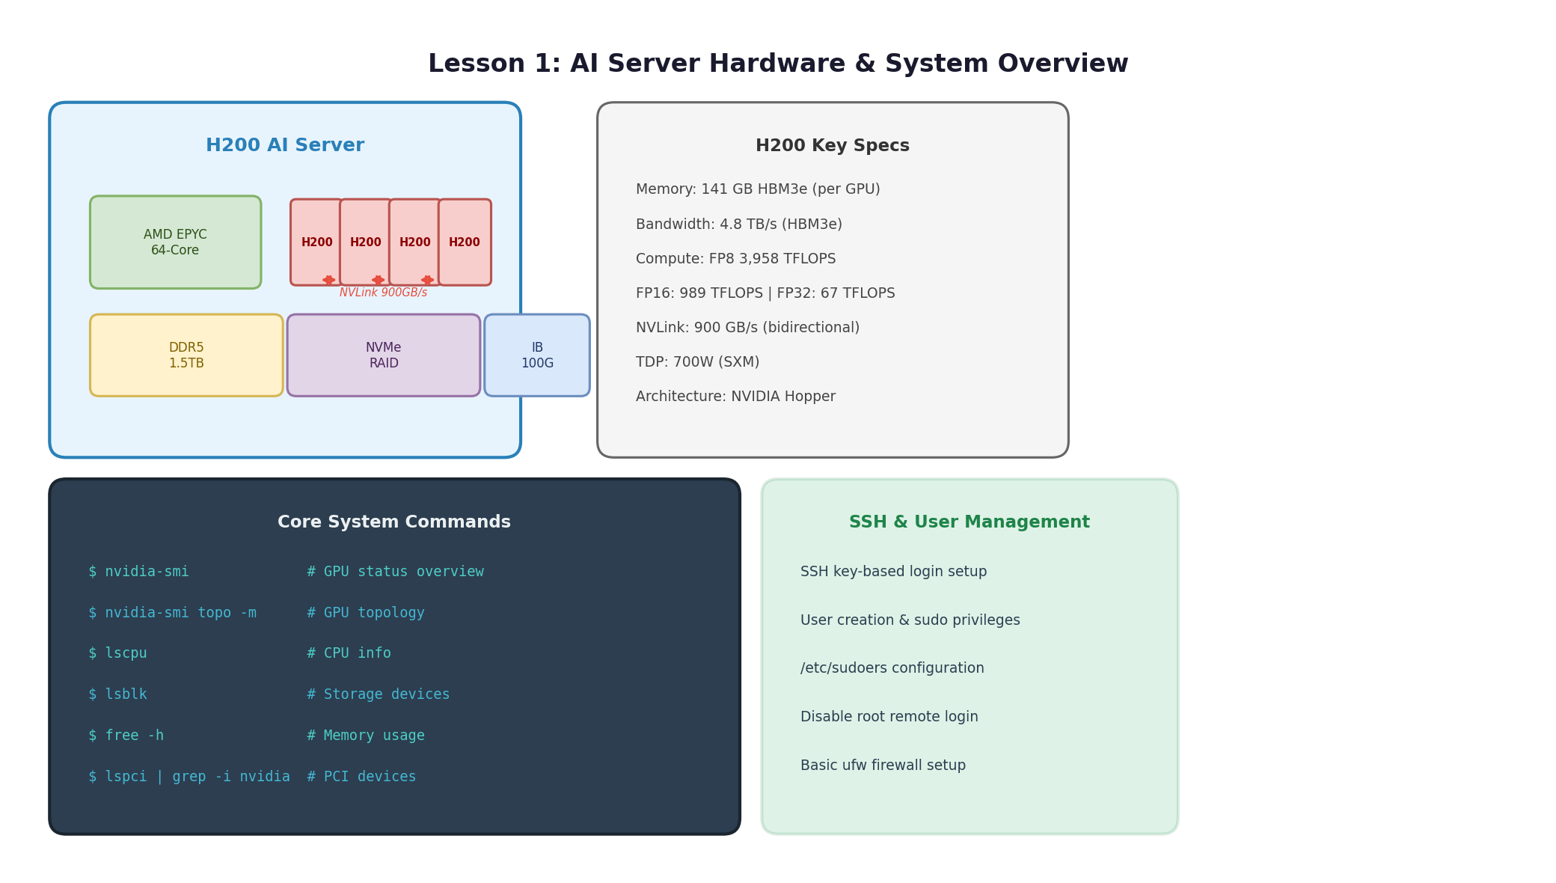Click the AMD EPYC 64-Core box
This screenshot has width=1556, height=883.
(175, 242)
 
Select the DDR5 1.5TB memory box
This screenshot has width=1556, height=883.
(186, 355)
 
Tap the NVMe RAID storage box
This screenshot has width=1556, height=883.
(384, 355)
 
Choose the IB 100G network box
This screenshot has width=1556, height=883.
(537, 355)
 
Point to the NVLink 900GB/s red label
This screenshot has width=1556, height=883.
(384, 293)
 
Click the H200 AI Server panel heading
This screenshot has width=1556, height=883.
(285, 146)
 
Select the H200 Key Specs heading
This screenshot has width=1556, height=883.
(833, 146)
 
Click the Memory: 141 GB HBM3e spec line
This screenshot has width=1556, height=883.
(758, 189)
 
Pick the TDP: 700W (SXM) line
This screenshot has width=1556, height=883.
(697, 362)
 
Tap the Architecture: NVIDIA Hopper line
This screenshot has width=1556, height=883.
(735, 397)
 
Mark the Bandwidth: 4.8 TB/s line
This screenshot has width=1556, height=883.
(739, 224)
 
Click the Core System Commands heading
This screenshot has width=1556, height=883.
(394, 522)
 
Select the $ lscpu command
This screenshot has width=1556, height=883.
(117, 653)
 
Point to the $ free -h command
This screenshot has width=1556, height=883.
(126, 736)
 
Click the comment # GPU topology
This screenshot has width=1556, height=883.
(366, 613)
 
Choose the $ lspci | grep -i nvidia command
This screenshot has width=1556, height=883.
(189, 777)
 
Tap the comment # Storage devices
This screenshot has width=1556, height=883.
(379, 694)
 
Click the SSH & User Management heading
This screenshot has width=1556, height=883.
(970, 522)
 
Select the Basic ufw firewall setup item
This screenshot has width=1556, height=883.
(883, 766)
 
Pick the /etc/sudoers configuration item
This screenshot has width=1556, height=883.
(892, 668)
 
